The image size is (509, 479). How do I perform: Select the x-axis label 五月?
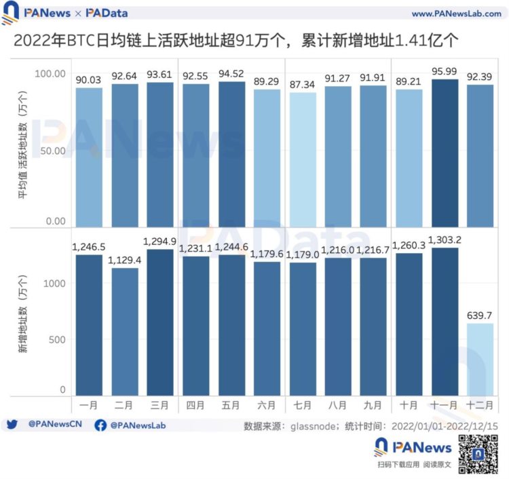point(231,405)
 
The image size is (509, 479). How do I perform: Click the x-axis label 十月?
point(410,405)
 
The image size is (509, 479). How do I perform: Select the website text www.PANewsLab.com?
point(456,14)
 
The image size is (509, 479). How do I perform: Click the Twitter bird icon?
point(12,425)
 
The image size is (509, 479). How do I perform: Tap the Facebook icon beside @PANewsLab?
point(100,425)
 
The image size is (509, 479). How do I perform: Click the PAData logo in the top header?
point(107,13)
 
